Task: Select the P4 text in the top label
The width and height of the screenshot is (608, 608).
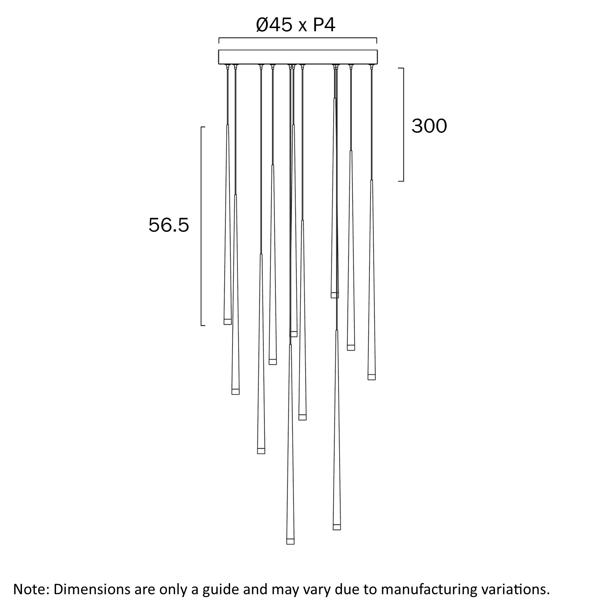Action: (324, 25)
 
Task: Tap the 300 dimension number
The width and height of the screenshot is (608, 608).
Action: (429, 126)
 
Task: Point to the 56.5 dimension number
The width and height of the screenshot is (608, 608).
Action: (169, 225)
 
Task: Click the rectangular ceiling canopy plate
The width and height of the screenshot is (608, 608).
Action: (298, 57)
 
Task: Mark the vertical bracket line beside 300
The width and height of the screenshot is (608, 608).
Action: (403, 124)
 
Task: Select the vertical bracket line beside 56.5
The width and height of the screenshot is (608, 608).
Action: (201, 226)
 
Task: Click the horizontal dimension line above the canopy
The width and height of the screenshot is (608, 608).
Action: (298, 38)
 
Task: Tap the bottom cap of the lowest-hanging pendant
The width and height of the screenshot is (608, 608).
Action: (290, 541)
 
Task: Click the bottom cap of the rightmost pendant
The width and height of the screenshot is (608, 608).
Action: (371, 377)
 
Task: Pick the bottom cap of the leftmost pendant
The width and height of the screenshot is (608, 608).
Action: (227, 321)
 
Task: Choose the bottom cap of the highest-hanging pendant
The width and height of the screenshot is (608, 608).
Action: (335, 295)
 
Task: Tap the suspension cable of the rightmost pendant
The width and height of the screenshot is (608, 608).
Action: (371, 124)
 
